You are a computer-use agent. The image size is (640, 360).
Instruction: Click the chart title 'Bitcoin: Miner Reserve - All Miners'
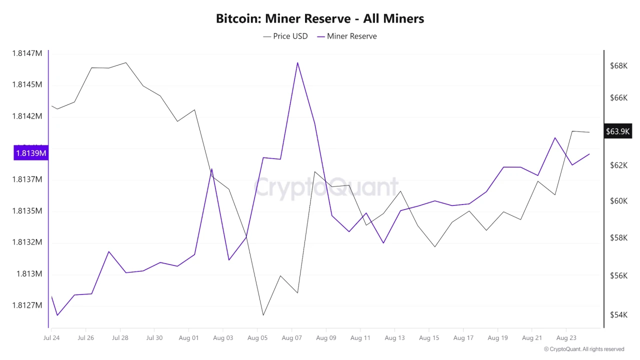pos(320,18)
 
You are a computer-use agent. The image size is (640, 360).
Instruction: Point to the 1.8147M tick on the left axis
pos(27,53)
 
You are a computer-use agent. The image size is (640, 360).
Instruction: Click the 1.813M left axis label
pos(29,274)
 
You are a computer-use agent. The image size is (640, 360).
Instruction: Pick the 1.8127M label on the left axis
pos(27,305)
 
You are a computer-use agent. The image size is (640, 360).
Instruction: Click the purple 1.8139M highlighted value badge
pos(30,153)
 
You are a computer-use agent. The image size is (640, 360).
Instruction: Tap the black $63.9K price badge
pos(617,131)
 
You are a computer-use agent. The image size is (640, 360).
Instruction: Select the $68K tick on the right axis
pos(618,66)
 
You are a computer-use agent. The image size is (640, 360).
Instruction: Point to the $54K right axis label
pos(618,314)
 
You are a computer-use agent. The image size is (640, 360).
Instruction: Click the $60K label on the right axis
pos(618,201)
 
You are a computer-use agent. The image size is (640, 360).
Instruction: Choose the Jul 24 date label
pos(51,338)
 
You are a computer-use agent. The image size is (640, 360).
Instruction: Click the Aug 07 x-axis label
pos(291,338)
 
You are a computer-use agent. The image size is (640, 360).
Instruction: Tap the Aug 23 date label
pos(566,338)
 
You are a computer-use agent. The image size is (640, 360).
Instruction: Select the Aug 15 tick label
pos(429,338)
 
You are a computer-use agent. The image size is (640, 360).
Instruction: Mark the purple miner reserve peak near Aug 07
pos(297,62)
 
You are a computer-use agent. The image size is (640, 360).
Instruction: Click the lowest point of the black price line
pos(263,315)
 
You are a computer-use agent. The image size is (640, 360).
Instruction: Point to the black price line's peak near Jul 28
pos(125,62)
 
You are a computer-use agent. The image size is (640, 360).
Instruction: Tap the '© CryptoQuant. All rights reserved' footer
pos(584,349)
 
